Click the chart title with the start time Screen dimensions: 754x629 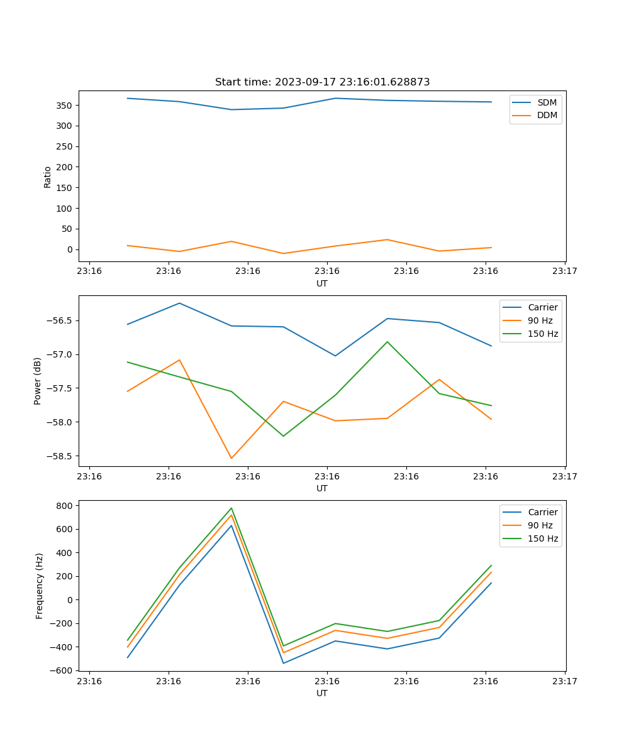tap(322, 82)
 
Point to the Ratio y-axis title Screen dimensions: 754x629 tap(48, 177)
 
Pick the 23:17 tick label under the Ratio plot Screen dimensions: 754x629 tap(565, 271)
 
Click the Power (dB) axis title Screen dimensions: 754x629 tap(38, 381)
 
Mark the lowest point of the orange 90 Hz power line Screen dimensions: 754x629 tap(231, 458)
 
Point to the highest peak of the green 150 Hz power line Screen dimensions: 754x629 tap(387, 342)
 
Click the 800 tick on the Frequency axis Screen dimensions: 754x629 tap(66, 505)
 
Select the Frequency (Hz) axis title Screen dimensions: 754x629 tap(39, 586)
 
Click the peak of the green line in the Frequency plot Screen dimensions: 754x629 tap(231, 508)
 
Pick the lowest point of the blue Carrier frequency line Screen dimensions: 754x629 tap(283, 663)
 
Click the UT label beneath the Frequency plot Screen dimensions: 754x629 tap(322, 694)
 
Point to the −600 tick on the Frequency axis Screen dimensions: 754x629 tap(63, 670)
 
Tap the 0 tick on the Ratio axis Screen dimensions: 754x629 tap(70, 249)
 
